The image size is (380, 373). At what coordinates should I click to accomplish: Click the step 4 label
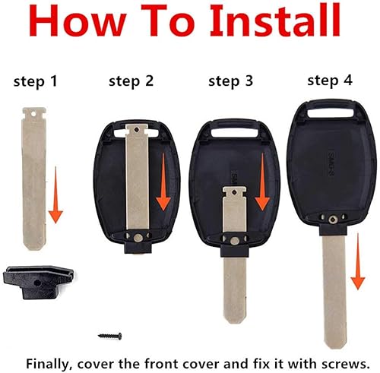coord(330,79)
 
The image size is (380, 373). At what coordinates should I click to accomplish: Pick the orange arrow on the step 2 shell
coord(163,179)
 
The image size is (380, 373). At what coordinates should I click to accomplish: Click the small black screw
coord(110,335)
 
